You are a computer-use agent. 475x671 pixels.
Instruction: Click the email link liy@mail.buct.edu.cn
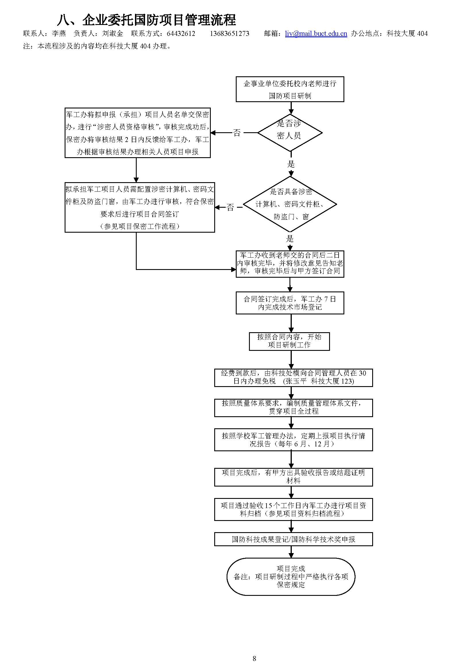coord(316,34)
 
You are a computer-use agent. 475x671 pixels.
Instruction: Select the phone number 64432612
coord(181,34)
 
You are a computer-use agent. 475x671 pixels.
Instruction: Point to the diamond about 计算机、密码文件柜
coord(290,204)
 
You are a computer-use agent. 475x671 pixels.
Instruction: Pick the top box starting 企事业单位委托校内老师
coord(290,89)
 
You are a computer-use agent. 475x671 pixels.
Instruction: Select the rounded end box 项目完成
coord(291,576)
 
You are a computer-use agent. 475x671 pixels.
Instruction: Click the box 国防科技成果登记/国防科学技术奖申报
coord(294,539)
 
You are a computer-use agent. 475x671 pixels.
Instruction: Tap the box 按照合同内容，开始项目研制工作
coord(289,341)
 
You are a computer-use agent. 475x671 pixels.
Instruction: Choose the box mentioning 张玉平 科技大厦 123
coord(294,377)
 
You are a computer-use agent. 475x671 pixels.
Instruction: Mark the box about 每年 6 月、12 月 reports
coord(294,439)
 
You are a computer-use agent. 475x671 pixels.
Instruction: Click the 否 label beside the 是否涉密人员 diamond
coord(237,133)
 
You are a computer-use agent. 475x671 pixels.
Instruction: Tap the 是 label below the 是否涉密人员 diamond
coord(291,164)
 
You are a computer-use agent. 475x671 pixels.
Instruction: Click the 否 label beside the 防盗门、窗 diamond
coord(230,207)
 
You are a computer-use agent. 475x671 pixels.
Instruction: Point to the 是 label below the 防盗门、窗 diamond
coord(289,239)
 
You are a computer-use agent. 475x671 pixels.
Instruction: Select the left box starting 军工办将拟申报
coord(138,133)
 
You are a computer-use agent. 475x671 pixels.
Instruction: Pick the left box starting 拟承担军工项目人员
coord(140,207)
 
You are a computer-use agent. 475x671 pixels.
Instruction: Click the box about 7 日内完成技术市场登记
coord(290,303)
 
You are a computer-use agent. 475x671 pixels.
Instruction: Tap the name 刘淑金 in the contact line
coord(113,34)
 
